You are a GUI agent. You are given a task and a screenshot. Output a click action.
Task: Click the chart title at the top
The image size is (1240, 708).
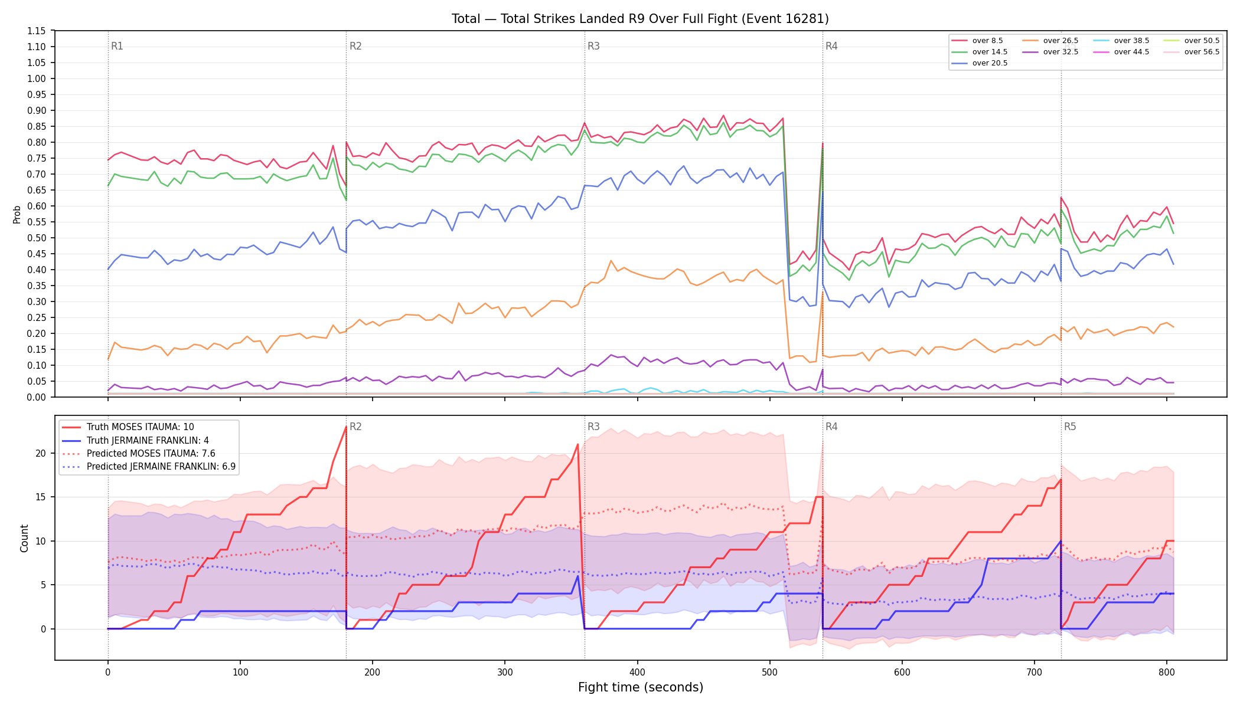[x=640, y=19]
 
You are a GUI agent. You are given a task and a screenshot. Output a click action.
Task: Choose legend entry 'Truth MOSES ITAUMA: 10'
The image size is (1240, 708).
[x=128, y=427]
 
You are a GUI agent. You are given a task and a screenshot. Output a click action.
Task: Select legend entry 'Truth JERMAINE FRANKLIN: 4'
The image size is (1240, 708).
[x=135, y=441]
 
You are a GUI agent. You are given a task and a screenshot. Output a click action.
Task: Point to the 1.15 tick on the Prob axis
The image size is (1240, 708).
[x=36, y=31]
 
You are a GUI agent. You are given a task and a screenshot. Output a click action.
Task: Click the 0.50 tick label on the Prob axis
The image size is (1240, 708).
[x=36, y=238]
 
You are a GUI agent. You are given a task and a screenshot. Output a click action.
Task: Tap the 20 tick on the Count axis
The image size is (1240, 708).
[x=41, y=453]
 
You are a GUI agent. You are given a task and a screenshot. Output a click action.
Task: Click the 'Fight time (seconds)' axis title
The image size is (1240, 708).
[x=641, y=687]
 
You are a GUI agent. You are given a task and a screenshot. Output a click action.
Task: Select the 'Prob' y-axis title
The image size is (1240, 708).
[x=17, y=214]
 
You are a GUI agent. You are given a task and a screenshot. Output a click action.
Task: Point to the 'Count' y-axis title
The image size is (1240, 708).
[x=24, y=538]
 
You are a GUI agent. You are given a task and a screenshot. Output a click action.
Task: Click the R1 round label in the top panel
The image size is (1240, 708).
[x=117, y=46]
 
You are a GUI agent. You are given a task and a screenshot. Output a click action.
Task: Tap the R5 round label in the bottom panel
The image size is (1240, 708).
[x=1070, y=427]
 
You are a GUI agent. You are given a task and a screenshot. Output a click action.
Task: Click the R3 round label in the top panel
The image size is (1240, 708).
[x=593, y=46]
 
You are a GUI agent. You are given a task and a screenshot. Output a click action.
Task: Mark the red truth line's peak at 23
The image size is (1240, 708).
[x=346, y=427]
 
